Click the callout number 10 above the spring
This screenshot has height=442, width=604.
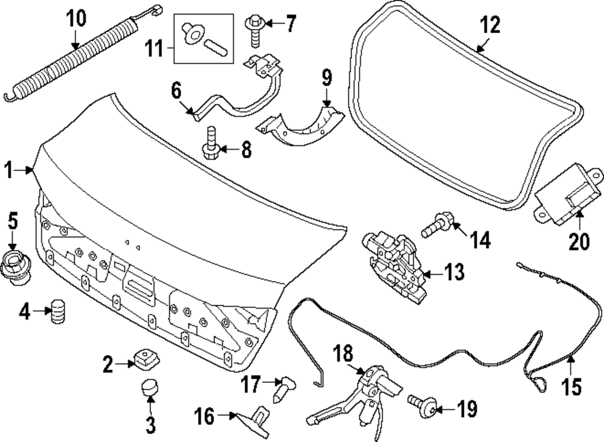pyautogui.click(x=76, y=18)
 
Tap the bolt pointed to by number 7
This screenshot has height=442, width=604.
pyautogui.click(x=254, y=30)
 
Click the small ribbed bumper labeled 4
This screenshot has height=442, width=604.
pyautogui.click(x=58, y=311)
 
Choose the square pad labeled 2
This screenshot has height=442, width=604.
pyautogui.click(x=144, y=359)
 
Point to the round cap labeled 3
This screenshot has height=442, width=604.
pyautogui.click(x=149, y=386)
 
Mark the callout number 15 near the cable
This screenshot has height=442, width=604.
pyautogui.click(x=571, y=385)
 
